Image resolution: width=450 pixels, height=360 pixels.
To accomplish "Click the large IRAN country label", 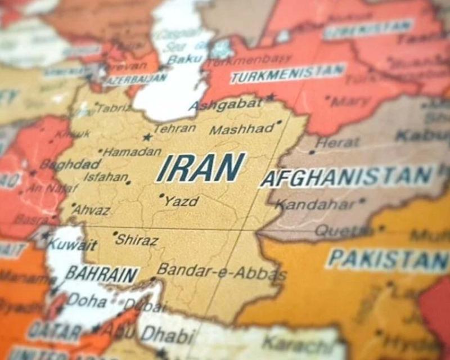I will [201, 167].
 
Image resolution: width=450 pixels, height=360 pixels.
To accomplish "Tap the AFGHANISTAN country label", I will [347, 177].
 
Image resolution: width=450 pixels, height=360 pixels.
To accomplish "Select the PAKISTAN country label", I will [388, 260].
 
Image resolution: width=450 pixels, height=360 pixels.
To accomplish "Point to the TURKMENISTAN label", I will [287, 73].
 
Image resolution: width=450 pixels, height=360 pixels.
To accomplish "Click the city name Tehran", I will [175, 129].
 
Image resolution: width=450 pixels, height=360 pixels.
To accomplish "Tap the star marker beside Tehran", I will [147, 137].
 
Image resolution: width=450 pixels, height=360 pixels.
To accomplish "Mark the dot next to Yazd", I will [161, 196].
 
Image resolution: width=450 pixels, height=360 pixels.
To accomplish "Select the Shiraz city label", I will [137, 240].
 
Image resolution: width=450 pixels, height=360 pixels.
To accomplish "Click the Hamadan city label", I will [132, 152].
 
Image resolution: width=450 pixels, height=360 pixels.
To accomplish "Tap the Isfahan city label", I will [105, 177].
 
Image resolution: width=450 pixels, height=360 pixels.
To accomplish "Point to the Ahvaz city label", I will [91, 209].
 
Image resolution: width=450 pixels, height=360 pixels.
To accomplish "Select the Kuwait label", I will [72, 245].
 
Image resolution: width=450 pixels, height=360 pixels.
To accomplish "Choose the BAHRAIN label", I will [102, 274].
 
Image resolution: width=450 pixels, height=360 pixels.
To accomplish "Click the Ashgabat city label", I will [225, 105].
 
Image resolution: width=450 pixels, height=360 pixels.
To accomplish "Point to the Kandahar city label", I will [315, 204].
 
